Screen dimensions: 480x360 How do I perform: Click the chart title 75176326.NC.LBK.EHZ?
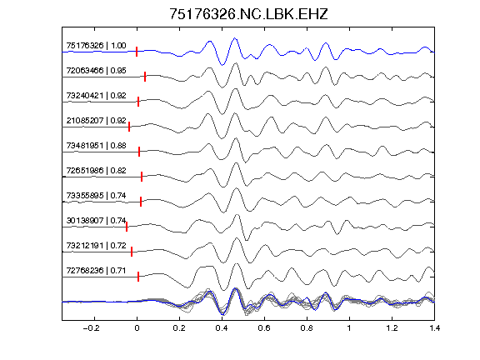coord(248,14)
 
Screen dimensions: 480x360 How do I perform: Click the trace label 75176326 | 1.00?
coord(96,46)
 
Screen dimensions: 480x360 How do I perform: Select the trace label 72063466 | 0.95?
coord(96,71)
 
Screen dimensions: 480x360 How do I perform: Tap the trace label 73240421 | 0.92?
coord(96,96)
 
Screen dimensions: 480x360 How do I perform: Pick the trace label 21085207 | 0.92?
coord(96,121)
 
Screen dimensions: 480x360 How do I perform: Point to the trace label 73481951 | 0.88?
coord(96,146)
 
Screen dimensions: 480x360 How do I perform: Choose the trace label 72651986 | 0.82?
coord(96,171)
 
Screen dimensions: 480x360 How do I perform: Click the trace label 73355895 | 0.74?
coord(96,196)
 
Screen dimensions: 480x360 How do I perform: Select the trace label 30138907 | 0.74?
coord(96,221)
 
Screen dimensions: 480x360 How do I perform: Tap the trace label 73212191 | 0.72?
coord(96,246)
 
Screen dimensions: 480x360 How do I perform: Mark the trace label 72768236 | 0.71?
coord(96,271)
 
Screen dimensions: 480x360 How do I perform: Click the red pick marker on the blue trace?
coord(137,52)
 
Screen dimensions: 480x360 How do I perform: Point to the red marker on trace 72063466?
coord(145,77)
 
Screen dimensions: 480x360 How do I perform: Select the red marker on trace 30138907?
coord(127,227)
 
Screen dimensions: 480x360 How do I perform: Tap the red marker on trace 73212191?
coord(132,252)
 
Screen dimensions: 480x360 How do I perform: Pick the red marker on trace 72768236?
coord(138,277)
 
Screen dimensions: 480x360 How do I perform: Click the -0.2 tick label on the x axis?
coord(91,328)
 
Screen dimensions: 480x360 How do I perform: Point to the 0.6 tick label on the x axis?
coord(264,328)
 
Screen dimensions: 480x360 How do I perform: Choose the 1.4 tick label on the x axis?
coord(434,328)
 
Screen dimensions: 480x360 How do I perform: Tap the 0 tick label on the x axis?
coord(137,328)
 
